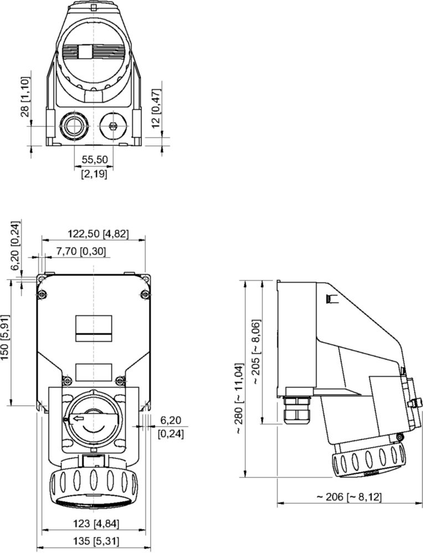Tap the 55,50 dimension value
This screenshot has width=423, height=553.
coord(95,159)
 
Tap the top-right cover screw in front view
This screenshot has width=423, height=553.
coord(145,293)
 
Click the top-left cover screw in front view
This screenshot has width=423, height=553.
coord(41,293)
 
